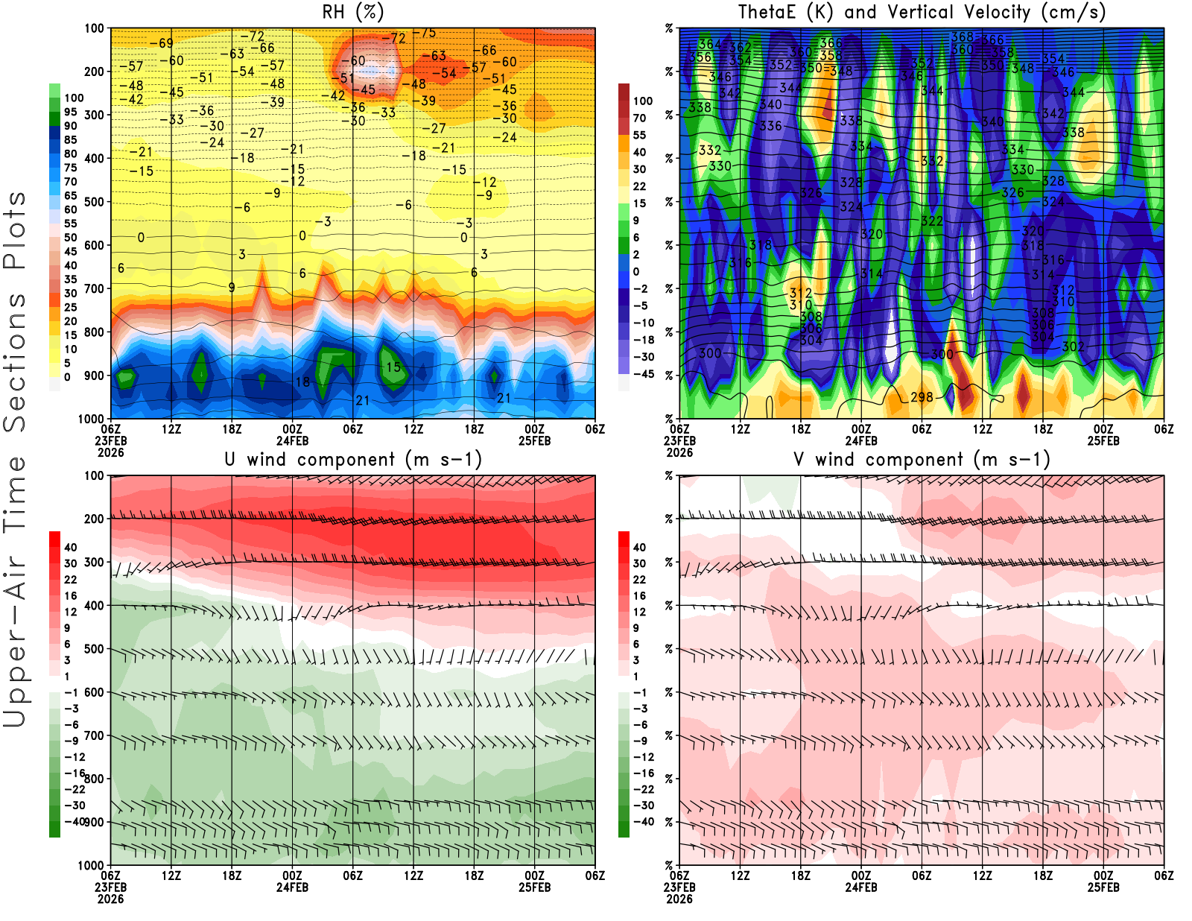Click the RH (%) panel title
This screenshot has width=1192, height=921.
pyautogui.click(x=353, y=13)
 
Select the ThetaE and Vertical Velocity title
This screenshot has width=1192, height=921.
pyautogui.click(x=922, y=13)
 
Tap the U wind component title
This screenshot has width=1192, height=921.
pyautogui.click(x=353, y=460)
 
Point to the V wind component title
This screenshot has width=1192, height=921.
pyautogui.click(x=922, y=460)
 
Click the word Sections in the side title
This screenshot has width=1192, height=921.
pyautogui.click(x=15, y=362)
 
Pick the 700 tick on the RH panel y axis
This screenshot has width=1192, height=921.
pyautogui.click(x=95, y=288)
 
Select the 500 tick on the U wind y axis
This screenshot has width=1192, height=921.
pyautogui.click(x=95, y=649)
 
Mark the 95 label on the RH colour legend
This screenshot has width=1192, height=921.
pyautogui.click(x=71, y=112)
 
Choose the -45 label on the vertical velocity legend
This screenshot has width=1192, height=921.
pyautogui.click(x=643, y=374)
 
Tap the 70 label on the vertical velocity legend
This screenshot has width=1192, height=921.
pyautogui.click(x=639, y=118)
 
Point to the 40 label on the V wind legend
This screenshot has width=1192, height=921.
pyautogui.click(x=639, y=547)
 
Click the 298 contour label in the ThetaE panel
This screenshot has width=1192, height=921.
pyautogui.click(x=922, y=397)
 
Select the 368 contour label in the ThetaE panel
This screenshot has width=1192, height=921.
pyautogui.click(x=962, y=37)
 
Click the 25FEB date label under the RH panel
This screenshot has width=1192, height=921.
pyautogui.click(x=535, y=440)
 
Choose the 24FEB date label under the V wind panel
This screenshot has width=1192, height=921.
pyautogui.click(x=861, y=887)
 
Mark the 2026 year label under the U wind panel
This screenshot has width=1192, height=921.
pyautogui.click(x=110, y=899)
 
